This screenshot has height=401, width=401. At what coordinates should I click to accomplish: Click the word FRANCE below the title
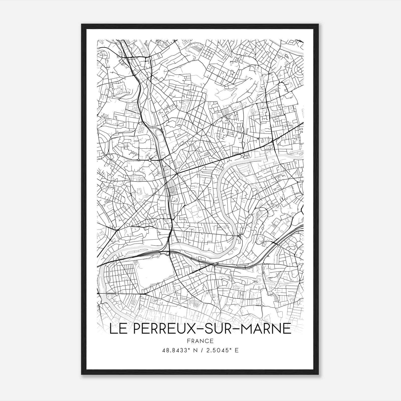pos(200,341)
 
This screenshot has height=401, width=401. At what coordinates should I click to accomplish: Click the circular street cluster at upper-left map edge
pos(103,55)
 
